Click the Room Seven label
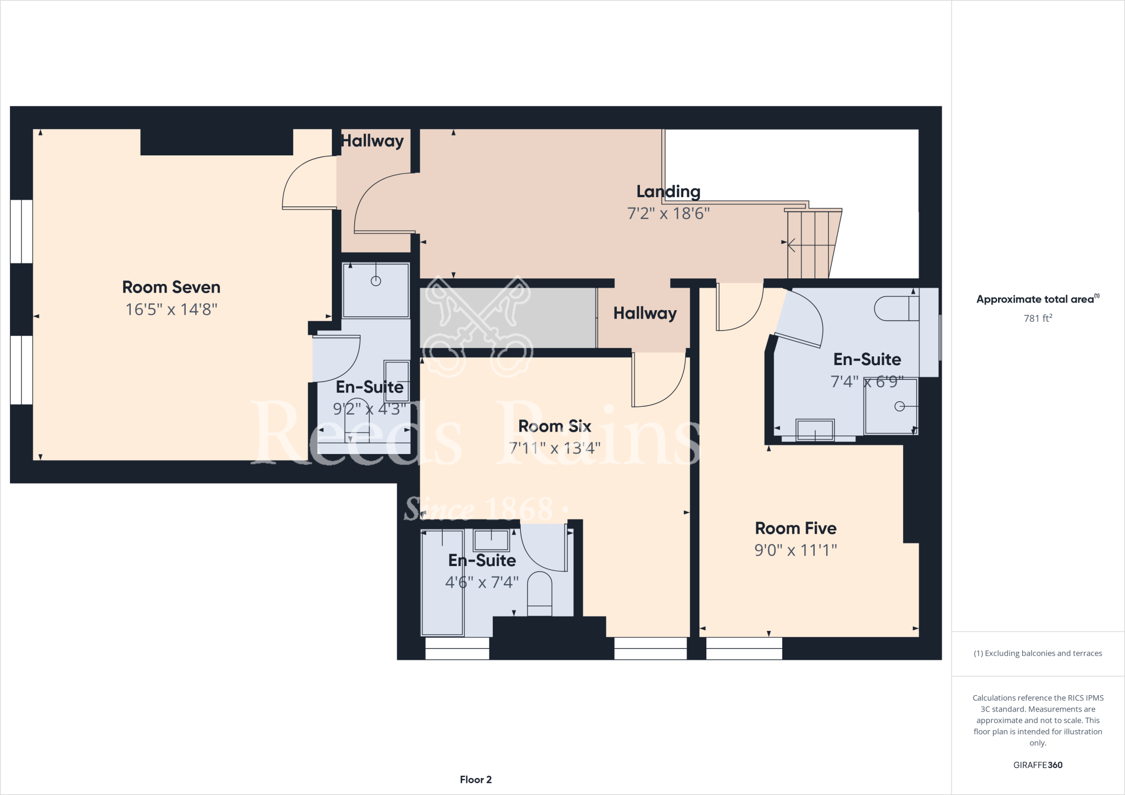[x=171, y=287]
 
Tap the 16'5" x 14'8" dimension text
[x=171, y=310]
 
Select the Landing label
[x=668, y=191]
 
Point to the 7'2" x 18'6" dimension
[x=668, y=214]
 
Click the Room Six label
[x=554, y=426]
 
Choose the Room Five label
[x=795, y=528]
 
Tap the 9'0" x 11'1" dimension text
[x=795, y=550]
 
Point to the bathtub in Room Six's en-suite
[x=442, y=582]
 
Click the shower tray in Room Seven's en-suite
[x=376, y=290]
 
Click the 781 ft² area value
[x=1037, y=318]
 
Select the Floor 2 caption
[x=476, y=780]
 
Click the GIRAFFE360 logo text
[x=1037, y=765]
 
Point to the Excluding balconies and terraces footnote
[x=1037, y=653]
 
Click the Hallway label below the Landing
[x=644, y=313]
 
